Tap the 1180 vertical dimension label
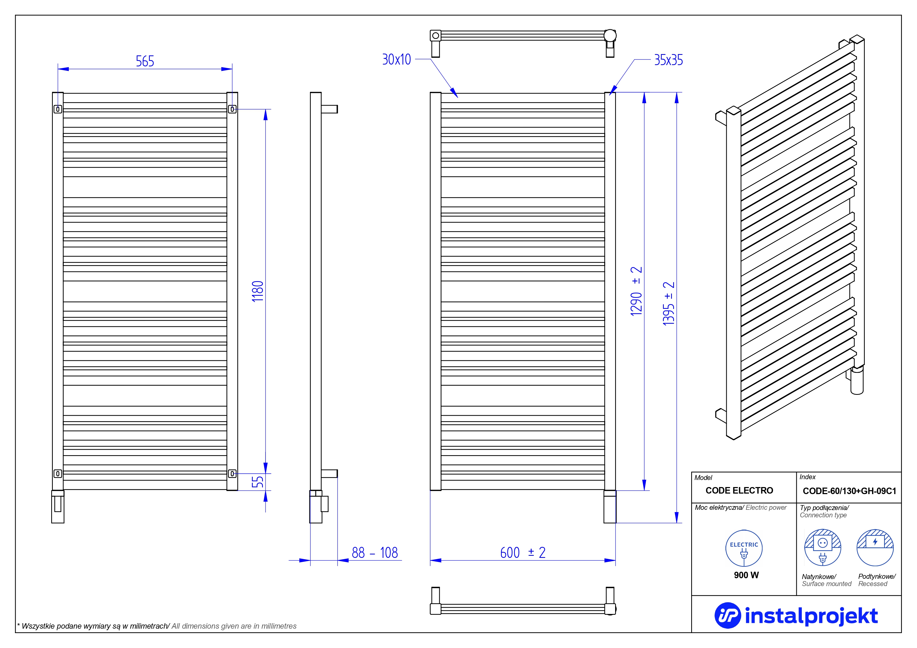point(258,291)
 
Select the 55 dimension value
point(258,482)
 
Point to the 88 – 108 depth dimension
point(375,553)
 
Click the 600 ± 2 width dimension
point(523,553)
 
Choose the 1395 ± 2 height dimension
point(668,303)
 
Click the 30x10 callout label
point(397,60)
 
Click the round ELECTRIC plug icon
point(744,548)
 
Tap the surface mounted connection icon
point(822,547)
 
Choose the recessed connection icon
point(875,547)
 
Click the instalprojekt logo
point(796,615)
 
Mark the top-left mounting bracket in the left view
point(58,109)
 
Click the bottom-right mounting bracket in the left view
point(232,473)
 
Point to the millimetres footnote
point(157,626)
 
